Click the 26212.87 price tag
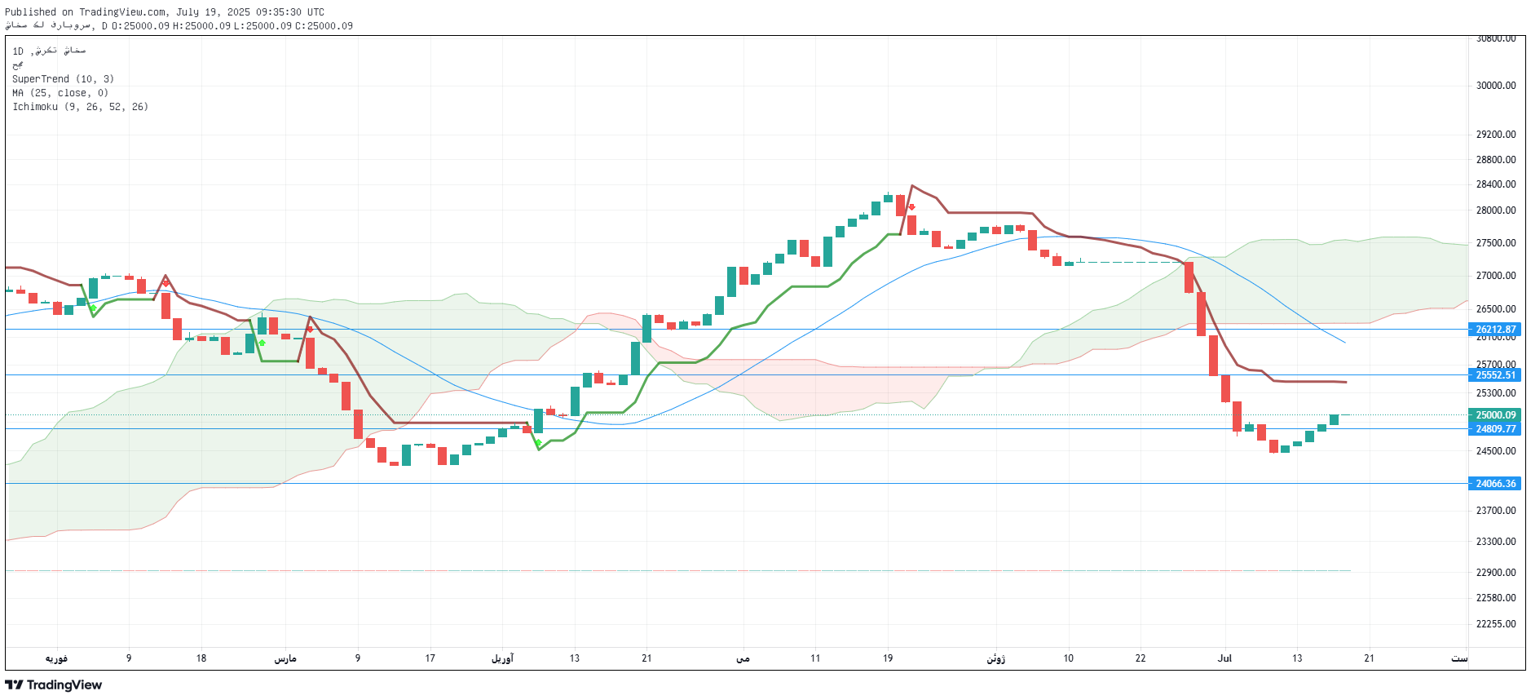1495,330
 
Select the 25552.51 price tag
1495,375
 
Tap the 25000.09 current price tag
1495,415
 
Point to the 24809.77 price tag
1495,429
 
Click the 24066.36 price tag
1495,484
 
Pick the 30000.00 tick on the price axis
1495,86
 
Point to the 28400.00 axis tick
1495,184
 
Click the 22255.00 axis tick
1495,624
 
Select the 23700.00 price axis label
1495,511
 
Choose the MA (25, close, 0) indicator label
60,93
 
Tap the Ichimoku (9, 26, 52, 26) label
80,107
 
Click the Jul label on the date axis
1224,658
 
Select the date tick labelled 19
888,658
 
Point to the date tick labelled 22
1141,658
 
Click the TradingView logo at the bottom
54,685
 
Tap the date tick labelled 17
430,658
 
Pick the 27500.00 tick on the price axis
1495,243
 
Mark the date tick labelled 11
815,658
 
